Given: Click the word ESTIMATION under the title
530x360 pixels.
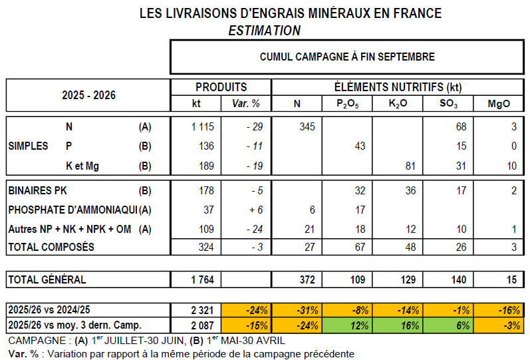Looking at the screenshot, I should click(264, 31).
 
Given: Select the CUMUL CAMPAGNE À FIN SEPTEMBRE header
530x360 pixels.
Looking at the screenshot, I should click(347, 57).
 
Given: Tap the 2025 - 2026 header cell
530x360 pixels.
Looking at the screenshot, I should click(88, 95).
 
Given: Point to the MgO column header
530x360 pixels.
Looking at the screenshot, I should click(499, 104).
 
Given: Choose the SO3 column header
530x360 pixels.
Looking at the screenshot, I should click(448, 104).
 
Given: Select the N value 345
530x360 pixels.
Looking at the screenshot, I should click(303, 126).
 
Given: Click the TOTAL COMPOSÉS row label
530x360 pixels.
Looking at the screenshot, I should click(51, 248).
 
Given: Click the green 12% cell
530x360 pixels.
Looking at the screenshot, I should click(347, 325).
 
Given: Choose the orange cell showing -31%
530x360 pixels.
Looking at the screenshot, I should click(297, 310).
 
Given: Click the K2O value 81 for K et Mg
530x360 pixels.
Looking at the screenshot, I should click(409, 166).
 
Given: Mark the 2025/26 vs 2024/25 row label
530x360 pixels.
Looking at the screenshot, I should click(50, 310).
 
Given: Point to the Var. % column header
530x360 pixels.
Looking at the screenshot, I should click(246, 104).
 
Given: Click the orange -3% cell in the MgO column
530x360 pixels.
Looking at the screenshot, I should click(499, 325).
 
